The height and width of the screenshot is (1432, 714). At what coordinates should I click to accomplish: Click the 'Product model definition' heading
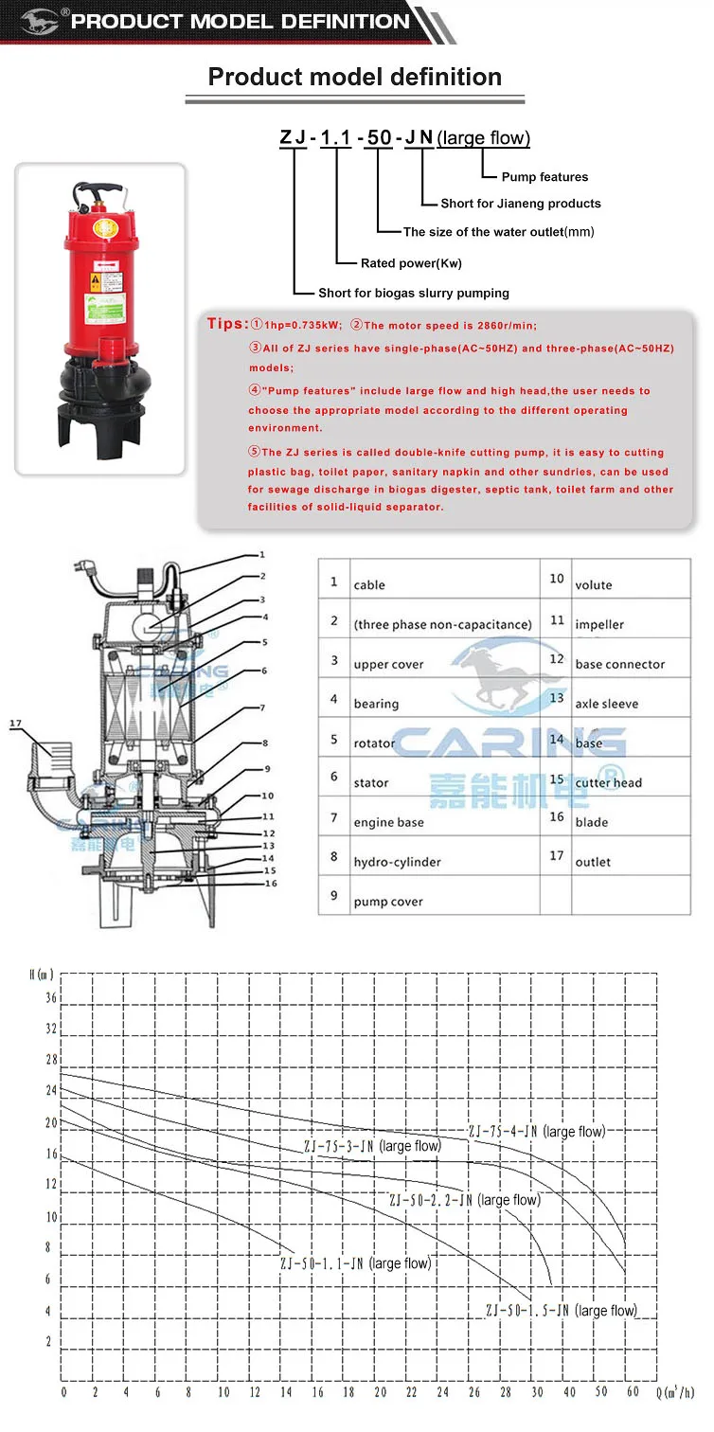[x=354, y=77]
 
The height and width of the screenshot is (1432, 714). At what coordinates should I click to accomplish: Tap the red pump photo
[x=100, y=317]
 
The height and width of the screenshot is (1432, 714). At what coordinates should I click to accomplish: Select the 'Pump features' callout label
[x=544, y=177]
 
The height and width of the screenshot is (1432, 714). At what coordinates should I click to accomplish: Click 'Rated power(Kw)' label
[x=411, y=263]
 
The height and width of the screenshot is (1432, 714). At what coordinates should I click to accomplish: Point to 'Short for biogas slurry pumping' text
[x=413, y=293]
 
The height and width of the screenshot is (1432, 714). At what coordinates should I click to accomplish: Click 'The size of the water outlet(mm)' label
[x=499, y=232]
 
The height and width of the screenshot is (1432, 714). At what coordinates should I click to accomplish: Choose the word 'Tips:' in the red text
[x=227, y=325]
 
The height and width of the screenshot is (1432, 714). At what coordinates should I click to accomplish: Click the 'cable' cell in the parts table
[x=369, y=585]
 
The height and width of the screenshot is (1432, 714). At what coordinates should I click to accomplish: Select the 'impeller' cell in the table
[x=599, y=625]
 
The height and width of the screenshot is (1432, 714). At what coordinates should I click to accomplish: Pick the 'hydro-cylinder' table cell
[x=397, y=863]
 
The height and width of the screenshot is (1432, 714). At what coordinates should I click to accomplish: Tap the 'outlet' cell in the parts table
[x=593, y=863]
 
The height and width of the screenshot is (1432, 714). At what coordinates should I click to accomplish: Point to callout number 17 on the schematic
[x=15, y=725]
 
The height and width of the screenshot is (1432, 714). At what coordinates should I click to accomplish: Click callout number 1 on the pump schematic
[x=262, y=555]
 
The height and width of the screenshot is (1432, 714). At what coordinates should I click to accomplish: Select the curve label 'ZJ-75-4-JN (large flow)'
[x=537, y=1132]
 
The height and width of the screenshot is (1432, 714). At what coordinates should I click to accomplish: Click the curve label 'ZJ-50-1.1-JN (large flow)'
[x=355, y=1263]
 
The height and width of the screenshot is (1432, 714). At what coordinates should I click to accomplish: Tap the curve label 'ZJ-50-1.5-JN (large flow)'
[x=561, y=1311]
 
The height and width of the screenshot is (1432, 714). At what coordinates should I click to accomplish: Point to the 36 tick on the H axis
[x=50, y=998]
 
